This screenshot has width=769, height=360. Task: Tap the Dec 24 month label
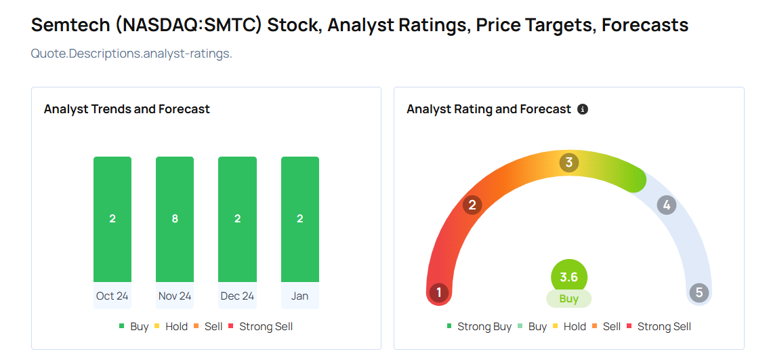coord(237,296)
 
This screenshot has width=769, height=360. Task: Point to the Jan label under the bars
coord(300,296)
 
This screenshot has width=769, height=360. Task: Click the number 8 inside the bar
coord(175,218)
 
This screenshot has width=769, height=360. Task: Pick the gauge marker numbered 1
coord(439,293)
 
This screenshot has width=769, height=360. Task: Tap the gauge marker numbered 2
coord(472,205)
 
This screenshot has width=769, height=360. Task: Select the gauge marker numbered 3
coord(569,162)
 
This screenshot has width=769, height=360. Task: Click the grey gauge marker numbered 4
coord(667,205)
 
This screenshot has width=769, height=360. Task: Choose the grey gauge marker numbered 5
coord(699,293)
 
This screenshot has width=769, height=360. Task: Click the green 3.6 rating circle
coord(569,277)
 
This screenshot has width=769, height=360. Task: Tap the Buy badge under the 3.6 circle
coord(569,299)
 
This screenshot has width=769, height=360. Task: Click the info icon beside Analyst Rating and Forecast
coord(583,109)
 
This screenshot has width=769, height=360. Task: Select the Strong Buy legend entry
coord(479,327)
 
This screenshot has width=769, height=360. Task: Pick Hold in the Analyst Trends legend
coord(171,327)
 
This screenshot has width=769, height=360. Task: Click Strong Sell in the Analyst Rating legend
coord(659,327)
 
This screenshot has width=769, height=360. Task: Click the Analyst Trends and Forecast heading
coord(127,109)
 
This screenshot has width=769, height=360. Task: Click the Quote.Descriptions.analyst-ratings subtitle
coord(131,54)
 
